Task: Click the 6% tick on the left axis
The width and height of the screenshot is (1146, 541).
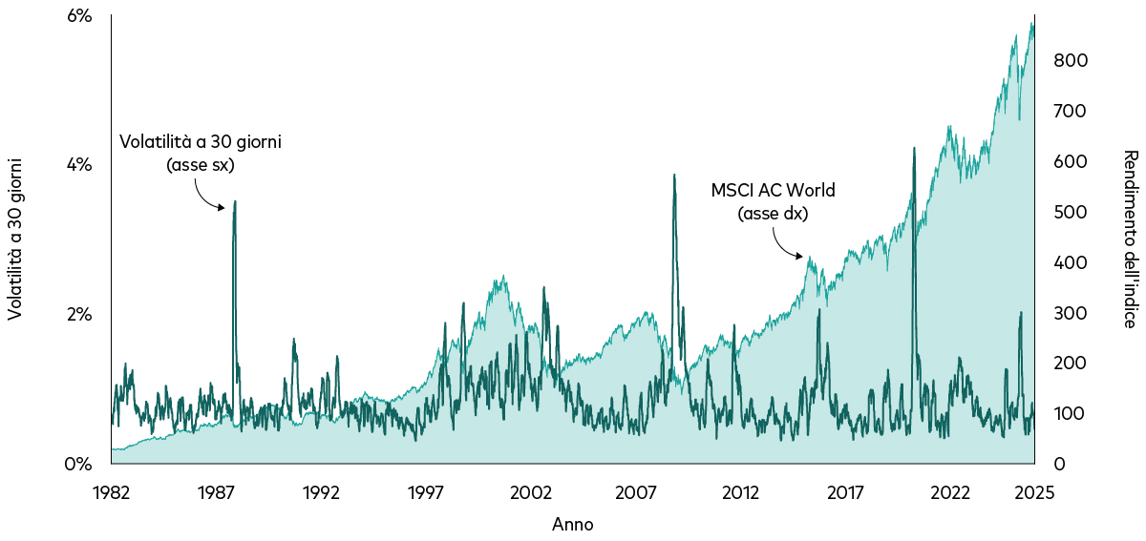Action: pos(77,16)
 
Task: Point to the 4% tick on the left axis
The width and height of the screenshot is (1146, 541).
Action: pos(77,165)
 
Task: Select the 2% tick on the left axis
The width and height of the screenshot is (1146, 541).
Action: pos(77,315)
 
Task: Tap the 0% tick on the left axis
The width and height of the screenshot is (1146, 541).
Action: pos(77,465)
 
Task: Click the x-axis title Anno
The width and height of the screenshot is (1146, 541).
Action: pos(572,525)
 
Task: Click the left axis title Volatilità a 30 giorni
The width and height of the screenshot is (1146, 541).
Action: pos(16,239)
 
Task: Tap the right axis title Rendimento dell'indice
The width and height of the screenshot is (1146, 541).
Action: pos(1129,239)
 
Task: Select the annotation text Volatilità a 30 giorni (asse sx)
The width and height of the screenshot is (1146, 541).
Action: pos(201,153)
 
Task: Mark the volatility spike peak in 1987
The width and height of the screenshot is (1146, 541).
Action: pos(235,201)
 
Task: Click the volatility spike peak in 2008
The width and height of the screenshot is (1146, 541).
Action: pos(674,176)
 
